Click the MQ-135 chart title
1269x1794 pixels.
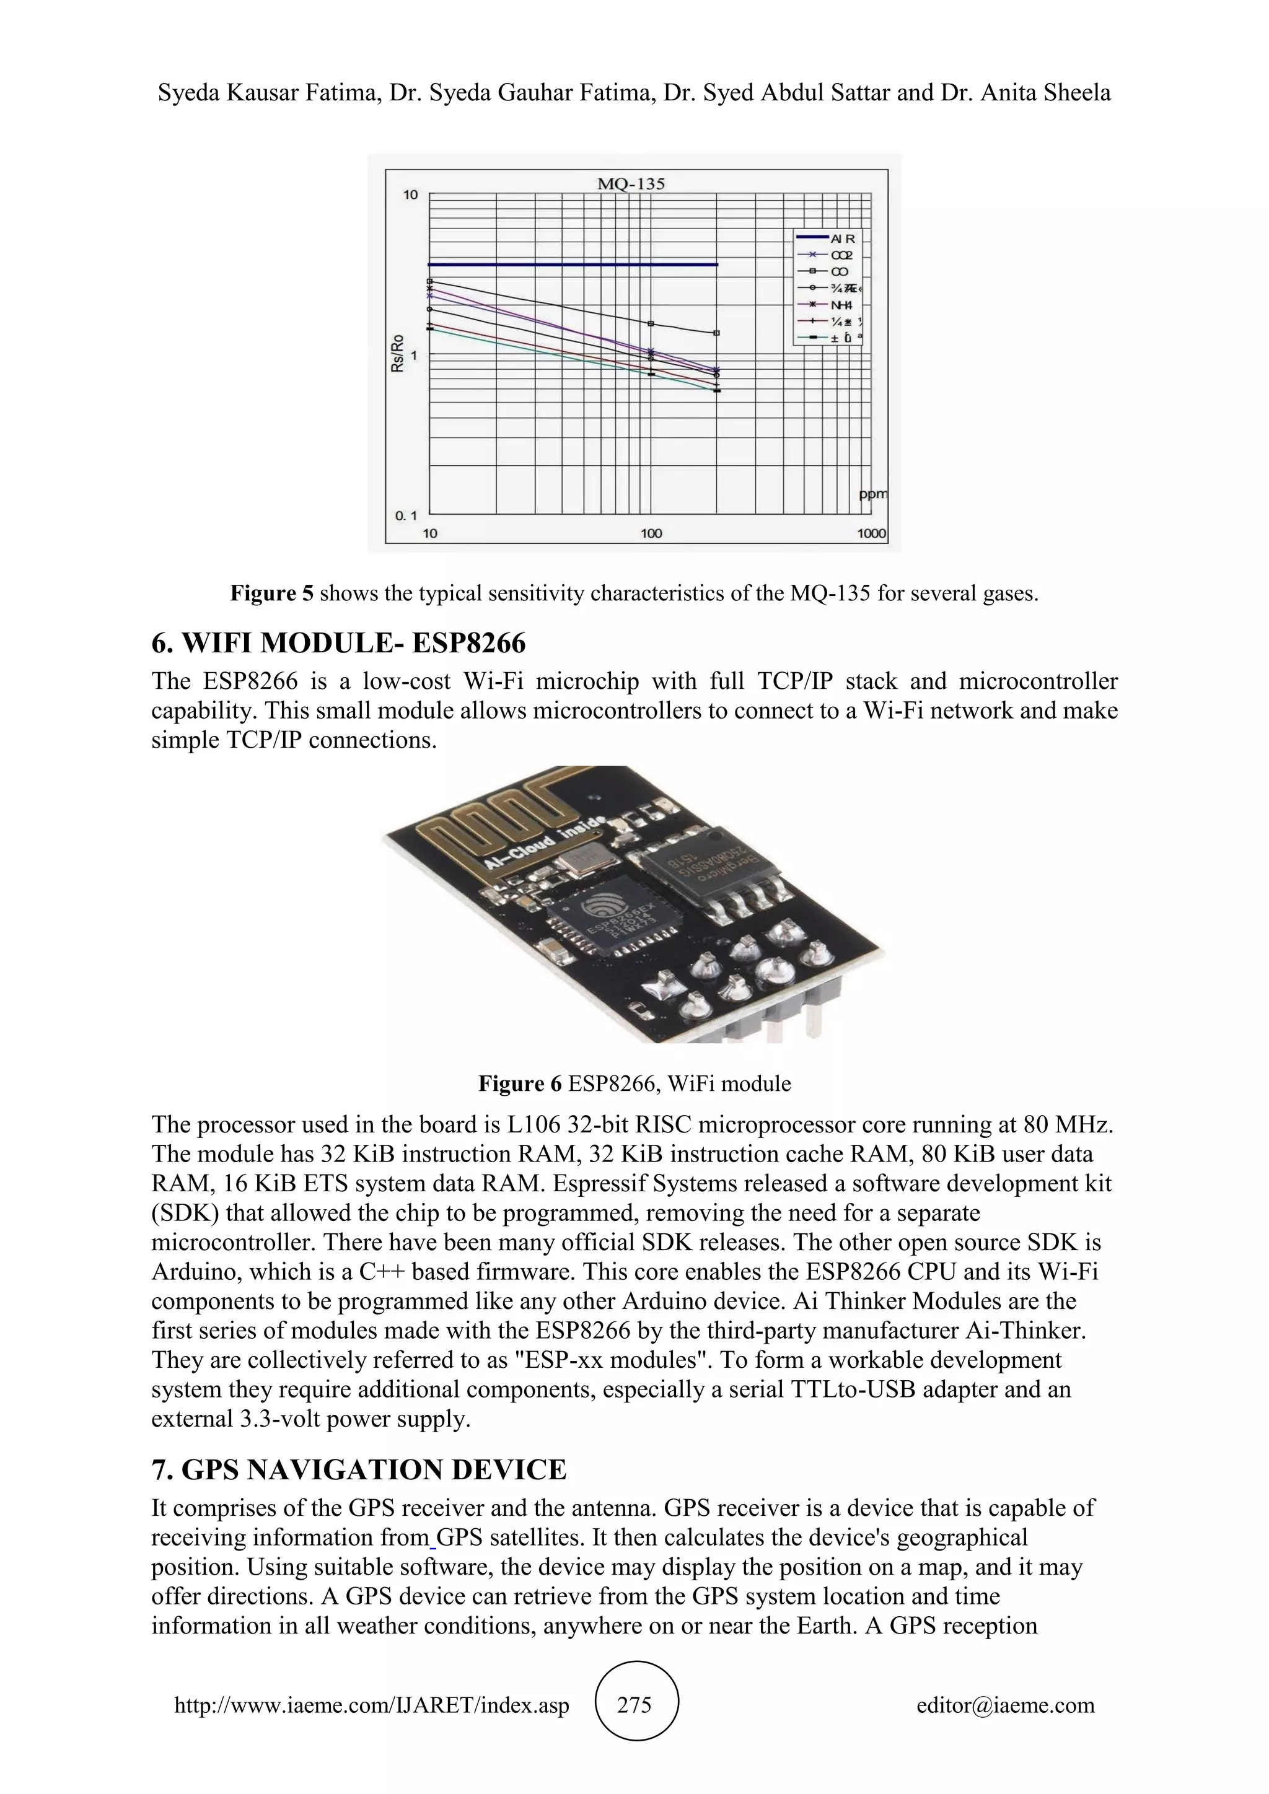631,185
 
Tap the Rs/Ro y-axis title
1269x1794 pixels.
398,353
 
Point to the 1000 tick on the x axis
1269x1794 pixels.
871,533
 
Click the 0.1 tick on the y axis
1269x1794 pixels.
406,515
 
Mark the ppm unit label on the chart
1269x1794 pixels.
873,494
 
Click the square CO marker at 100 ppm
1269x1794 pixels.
651,323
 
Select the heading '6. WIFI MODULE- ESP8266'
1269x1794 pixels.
338,643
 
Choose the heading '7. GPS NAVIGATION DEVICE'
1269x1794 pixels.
359,1470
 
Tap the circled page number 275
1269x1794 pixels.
634,1704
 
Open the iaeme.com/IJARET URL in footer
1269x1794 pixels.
371,1705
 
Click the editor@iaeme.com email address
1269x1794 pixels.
1005,1705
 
